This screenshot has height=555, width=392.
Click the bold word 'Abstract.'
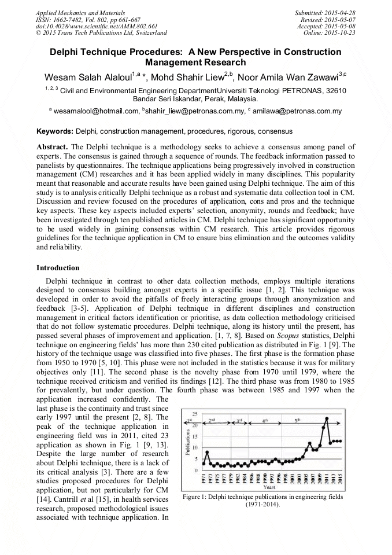tap(53, 147)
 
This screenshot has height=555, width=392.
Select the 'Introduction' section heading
tap(58, 268)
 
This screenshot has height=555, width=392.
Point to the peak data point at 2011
tap(327, 418)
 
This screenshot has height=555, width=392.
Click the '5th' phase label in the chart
tap(297, 420)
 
